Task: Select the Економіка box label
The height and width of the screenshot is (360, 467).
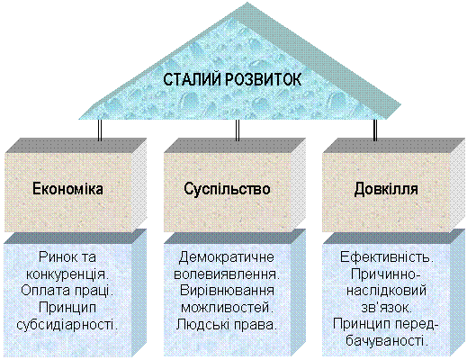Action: pos(67,189)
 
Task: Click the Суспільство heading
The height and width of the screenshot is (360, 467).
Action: pos(227,189)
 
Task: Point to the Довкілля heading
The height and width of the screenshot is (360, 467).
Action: pos(386,189)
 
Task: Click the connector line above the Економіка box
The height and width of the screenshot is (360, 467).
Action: pos(100,130)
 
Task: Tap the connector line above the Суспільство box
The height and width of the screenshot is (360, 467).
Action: pos(238,130)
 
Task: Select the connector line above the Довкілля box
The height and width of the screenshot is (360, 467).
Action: pos(375,130)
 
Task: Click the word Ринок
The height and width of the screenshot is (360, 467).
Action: pos(58,257)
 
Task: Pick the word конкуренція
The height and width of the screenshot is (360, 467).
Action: pos(67,274)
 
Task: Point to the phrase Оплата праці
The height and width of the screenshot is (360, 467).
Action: pos(67,291)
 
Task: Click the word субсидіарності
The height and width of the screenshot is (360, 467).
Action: pos(67,325)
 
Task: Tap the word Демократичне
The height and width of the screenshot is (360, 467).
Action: pos(227,257)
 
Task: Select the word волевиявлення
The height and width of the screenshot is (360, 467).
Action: pos(227,274)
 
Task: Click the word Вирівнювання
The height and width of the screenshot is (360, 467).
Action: pos(227,292)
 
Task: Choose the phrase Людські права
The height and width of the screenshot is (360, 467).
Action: pos(227,325)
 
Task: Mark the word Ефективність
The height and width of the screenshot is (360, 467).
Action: pos(387,257)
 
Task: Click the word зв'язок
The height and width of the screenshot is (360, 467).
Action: pos(387,308)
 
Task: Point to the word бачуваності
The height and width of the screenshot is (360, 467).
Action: pos(387,341)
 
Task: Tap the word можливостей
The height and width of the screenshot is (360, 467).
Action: pos(227,308)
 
